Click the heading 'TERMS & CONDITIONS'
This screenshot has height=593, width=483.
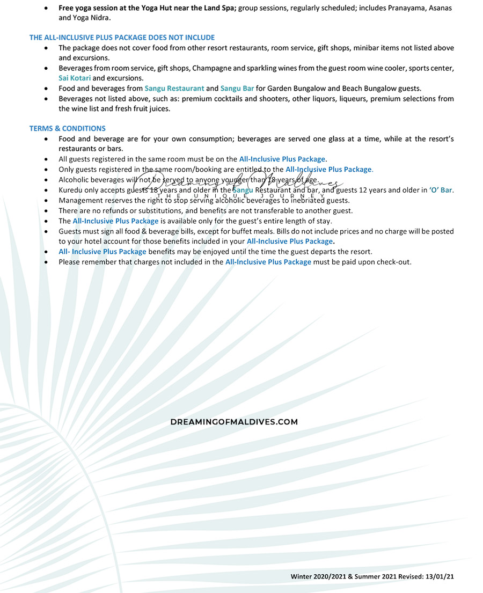(x=68, y=128)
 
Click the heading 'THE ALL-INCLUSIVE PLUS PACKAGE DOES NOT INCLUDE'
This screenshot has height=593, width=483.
(x=122, y=38)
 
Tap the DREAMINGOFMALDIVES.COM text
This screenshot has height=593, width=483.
(x=234, y=422)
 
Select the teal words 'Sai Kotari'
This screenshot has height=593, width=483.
(x=75, y=78)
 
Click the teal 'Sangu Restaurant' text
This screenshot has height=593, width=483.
(x=174, y=88)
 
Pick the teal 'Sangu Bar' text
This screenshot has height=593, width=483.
(x=237, y=88)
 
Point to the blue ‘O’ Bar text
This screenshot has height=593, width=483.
(x=441, y=190)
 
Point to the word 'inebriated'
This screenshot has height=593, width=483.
(x=308, y=200)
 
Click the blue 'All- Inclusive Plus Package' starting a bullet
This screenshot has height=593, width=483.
(x=103, y=251)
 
